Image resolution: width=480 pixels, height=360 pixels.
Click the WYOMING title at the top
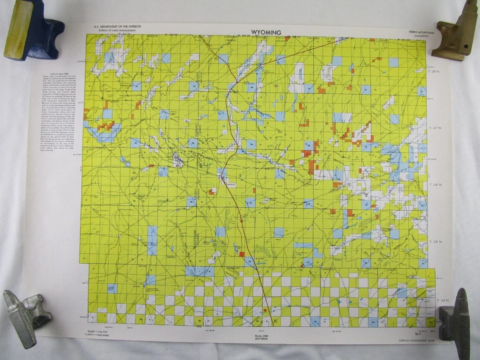[266, 32]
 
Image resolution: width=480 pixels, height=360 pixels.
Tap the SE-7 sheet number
[411, 332]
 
